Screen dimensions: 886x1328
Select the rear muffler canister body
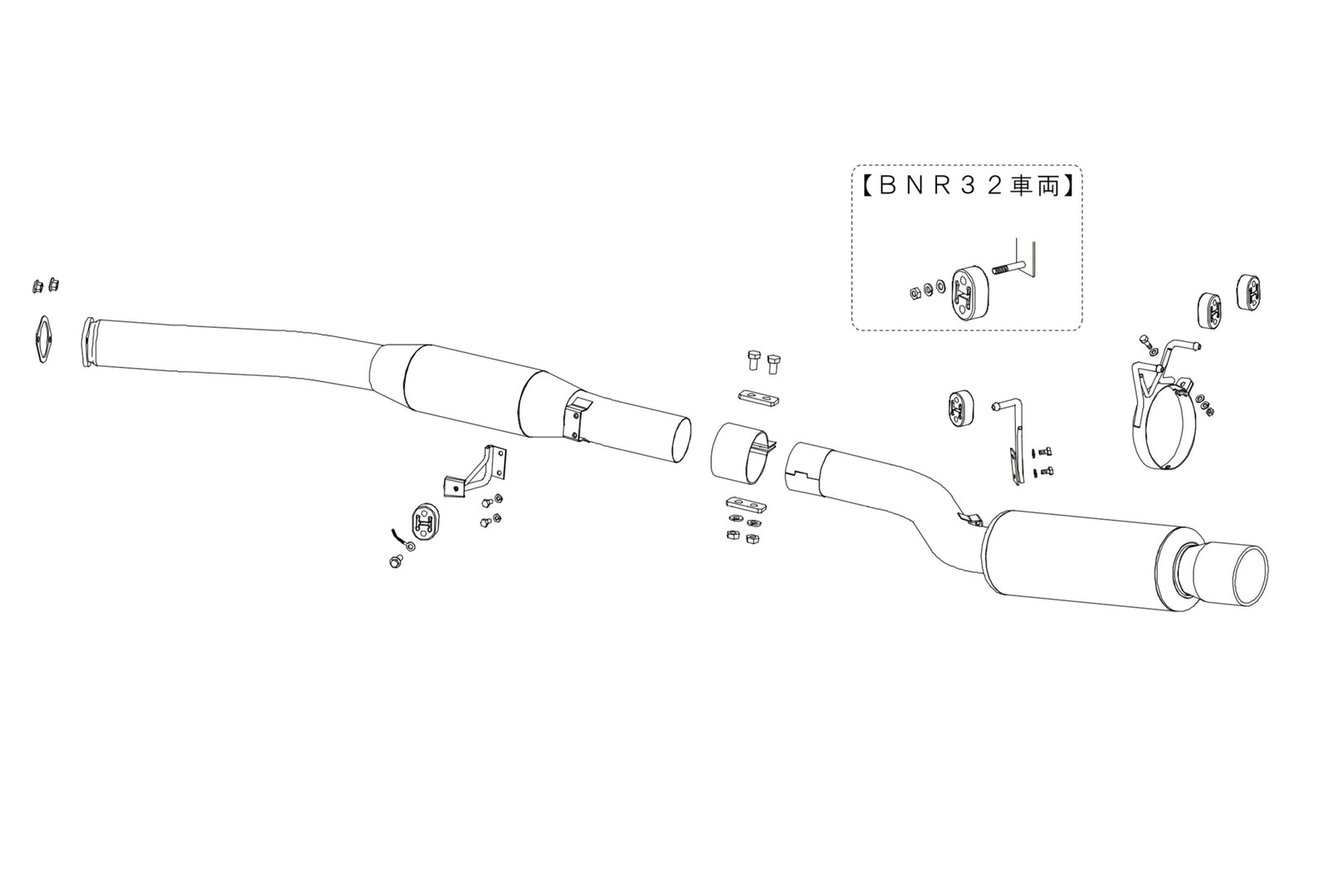[x=1071, y=556]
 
